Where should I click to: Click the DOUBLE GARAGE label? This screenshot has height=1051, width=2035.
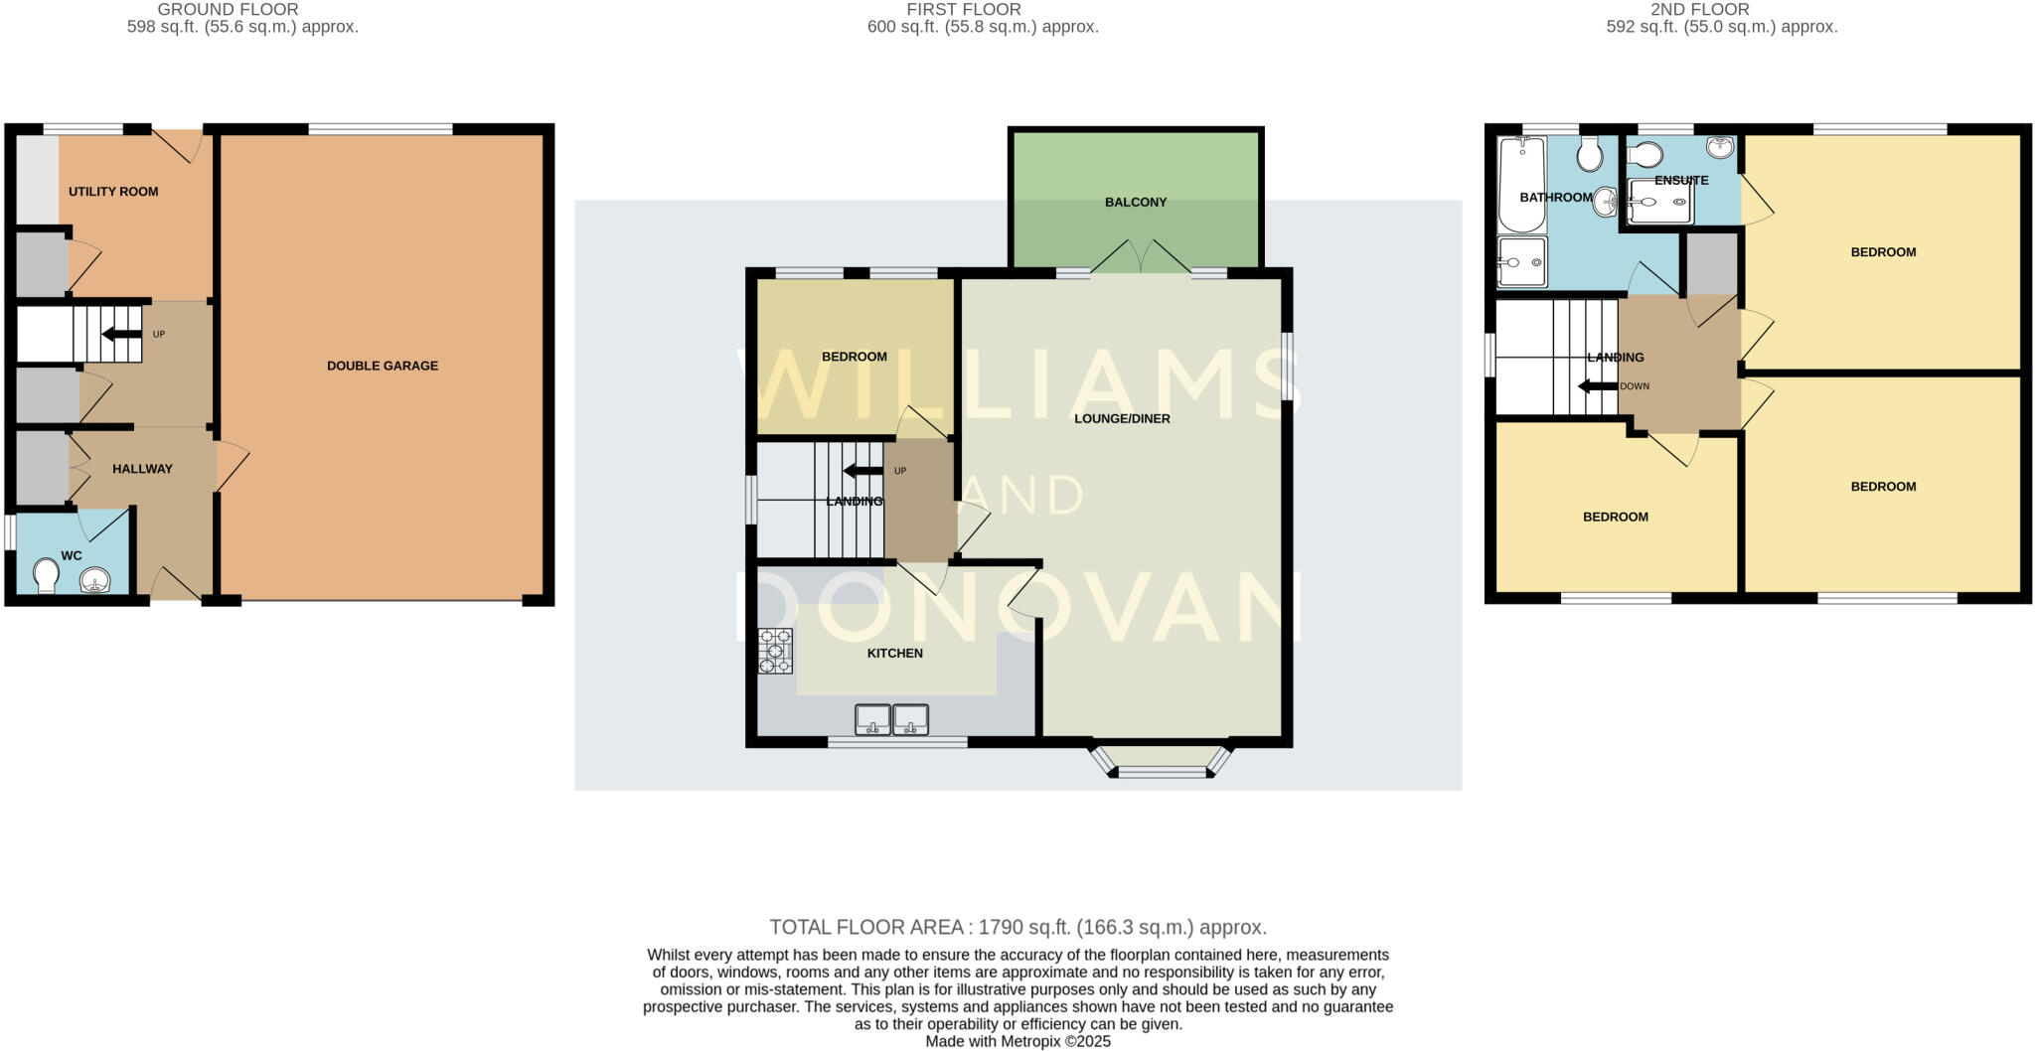(383, 366)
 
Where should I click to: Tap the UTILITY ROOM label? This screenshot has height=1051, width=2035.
(113, 192)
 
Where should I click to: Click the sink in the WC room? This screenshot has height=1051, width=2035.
(95, 578)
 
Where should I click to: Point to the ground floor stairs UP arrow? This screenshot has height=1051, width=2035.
(121, 334)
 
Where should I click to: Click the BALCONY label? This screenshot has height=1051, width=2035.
(1136, 203)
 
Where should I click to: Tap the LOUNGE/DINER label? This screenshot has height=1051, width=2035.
(1122, 419)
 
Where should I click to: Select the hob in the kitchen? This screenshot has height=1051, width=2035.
(775, 651)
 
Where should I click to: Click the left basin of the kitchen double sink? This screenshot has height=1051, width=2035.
(873, 718)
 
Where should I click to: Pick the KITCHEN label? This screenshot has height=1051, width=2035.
(895, 654)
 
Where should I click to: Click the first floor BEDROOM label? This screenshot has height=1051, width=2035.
(855, 357)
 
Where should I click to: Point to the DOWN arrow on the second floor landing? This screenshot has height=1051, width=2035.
(1597, 386)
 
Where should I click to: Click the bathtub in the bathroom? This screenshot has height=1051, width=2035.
(1521, 185)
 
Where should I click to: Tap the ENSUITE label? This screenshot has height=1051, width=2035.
(1681, 181)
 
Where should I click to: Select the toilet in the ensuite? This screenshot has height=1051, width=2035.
(1645, 155)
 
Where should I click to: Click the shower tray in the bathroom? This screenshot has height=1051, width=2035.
(1521, 262)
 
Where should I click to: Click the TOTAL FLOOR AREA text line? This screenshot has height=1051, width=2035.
(1017, 928)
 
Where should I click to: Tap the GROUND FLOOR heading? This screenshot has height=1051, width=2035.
(228, 10)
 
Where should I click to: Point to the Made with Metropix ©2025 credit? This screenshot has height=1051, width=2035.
(1017, 1042)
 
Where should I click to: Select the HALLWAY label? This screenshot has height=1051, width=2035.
(142, 469)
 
